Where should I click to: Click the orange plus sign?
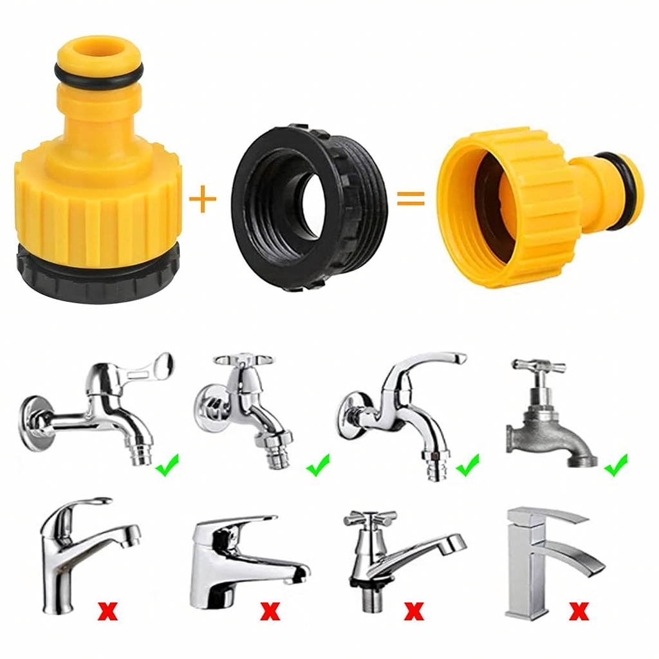coord(203,200)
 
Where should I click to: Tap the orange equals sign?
coord(411,199)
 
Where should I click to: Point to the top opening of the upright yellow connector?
coord(96,49)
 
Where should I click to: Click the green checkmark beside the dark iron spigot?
coord(617,465)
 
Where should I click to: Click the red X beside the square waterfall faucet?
coord(579,610)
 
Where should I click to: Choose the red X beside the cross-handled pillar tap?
coord(414,609)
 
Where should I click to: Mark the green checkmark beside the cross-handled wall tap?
coord(318,465)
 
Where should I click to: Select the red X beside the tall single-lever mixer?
coord(108,610)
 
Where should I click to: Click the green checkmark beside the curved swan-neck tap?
coord(468,465)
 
